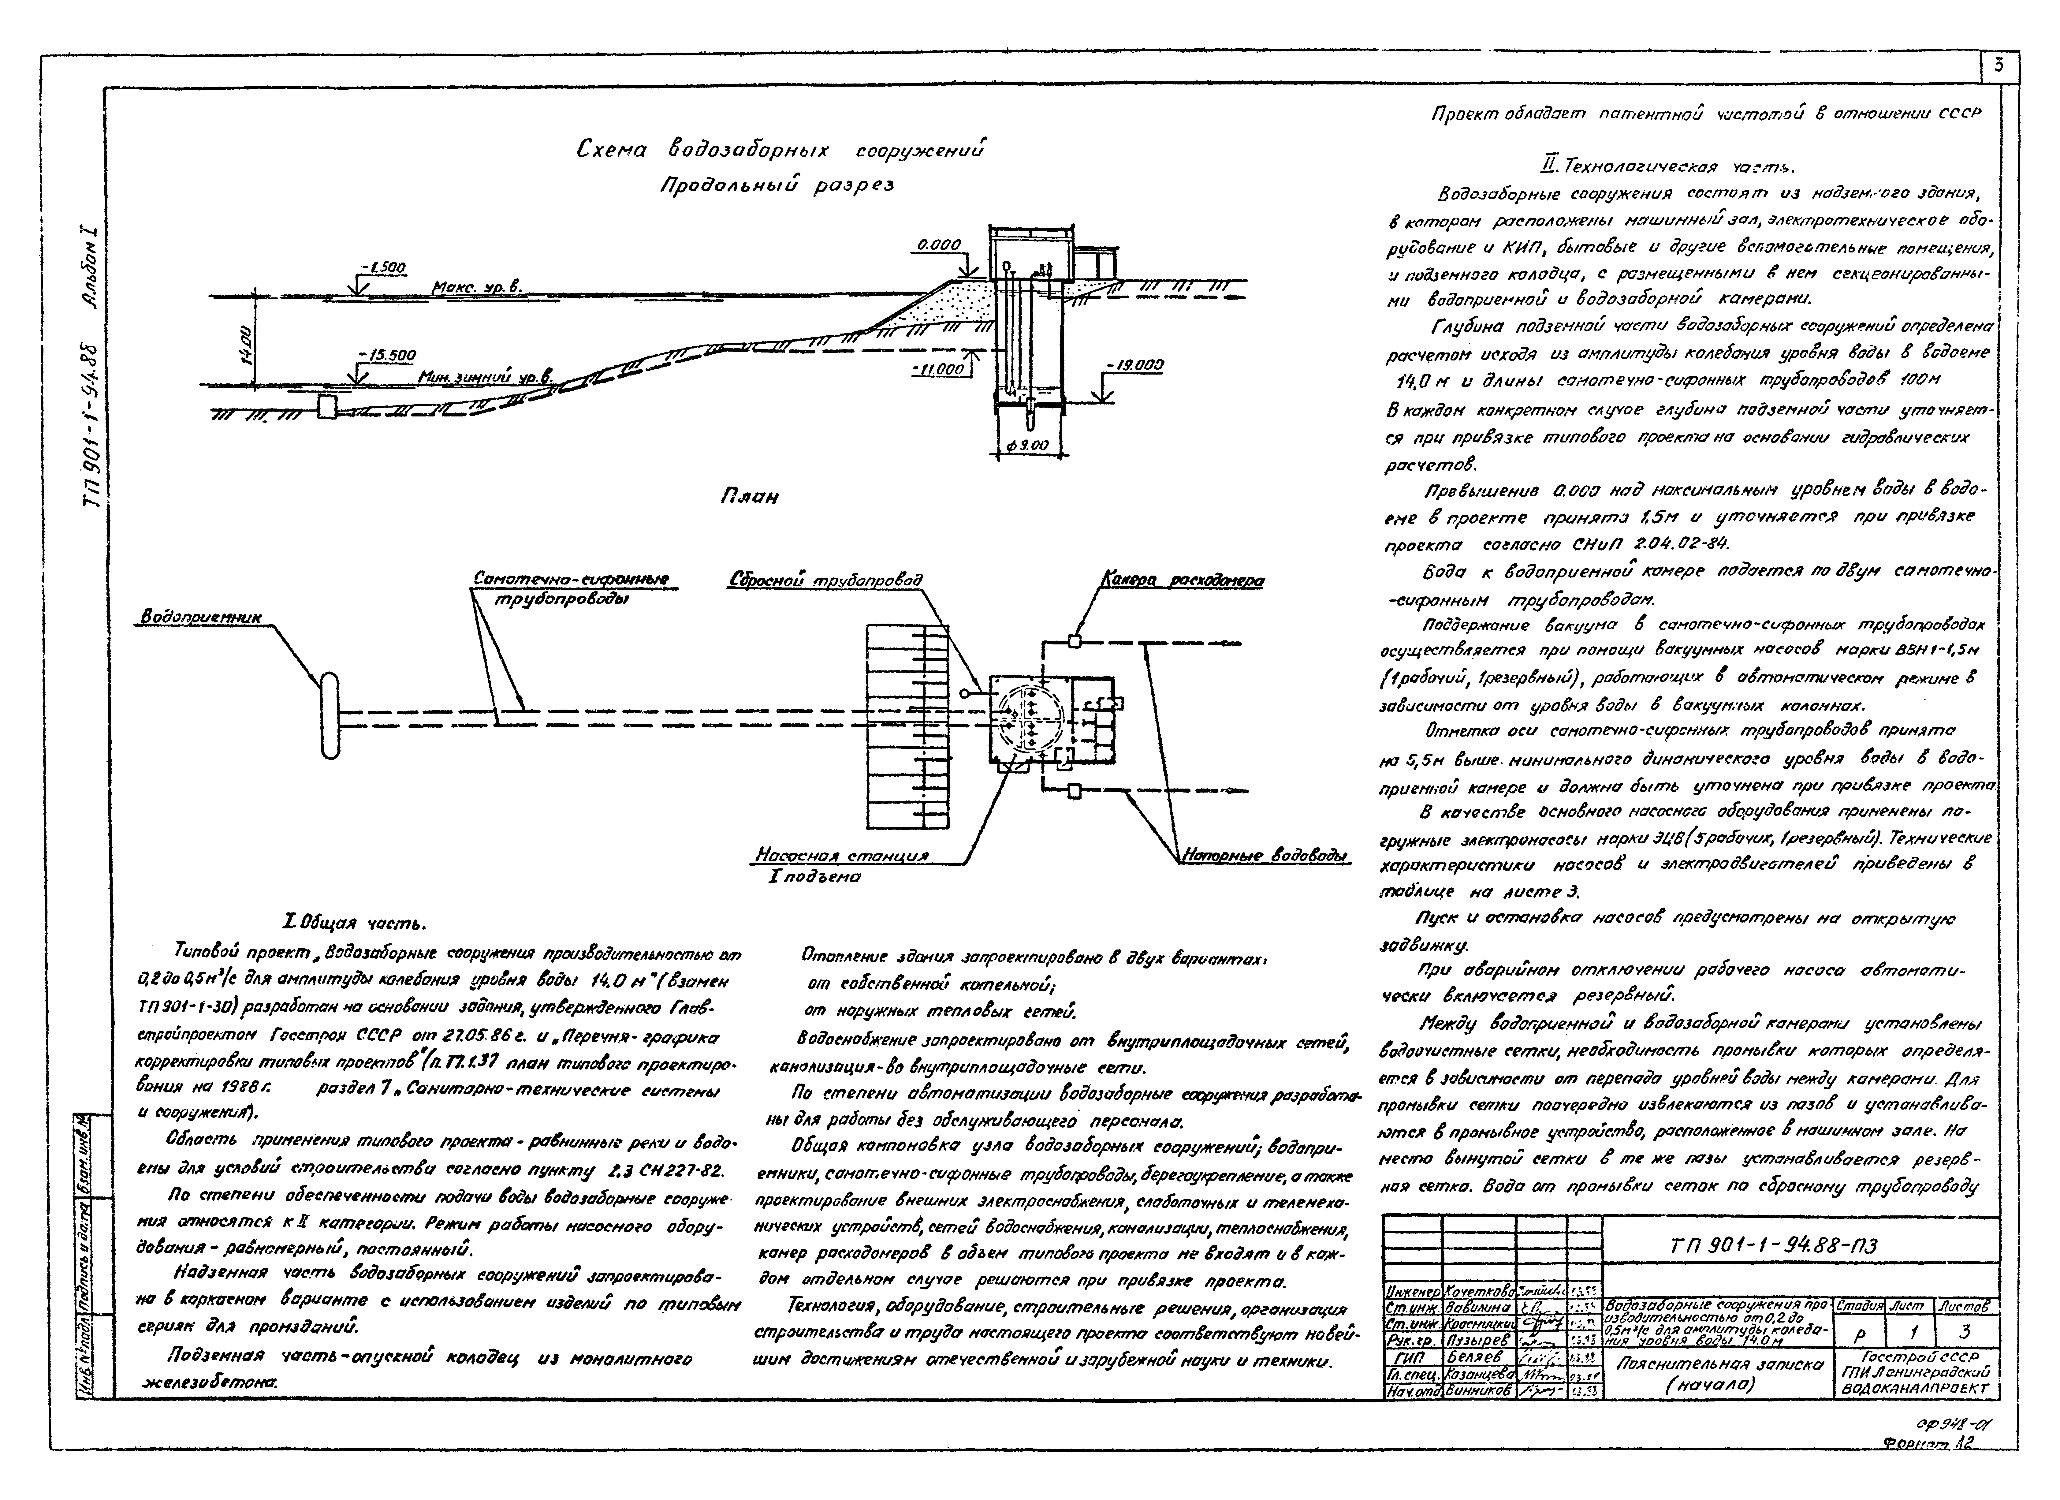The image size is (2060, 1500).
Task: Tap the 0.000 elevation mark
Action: click(938, 245)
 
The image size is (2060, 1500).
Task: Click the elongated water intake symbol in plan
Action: click(329, 714)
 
